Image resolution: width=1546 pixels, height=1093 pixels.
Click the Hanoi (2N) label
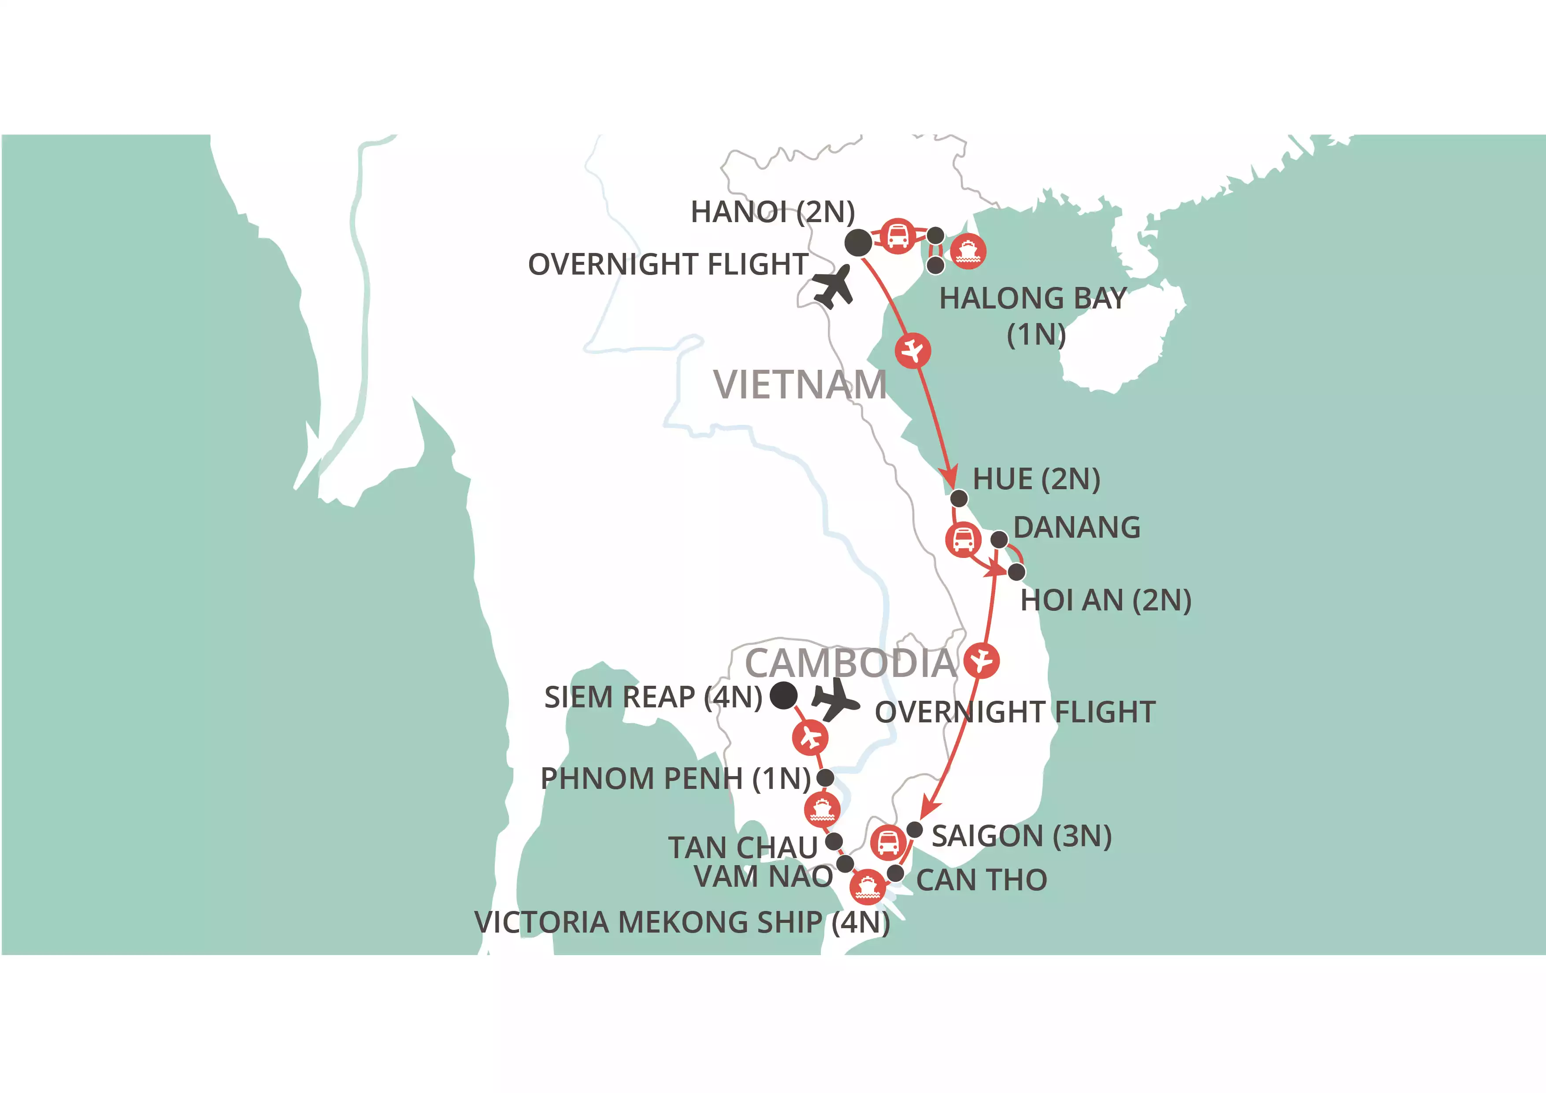(x=772, y=212)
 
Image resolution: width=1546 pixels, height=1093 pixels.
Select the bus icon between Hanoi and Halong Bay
(x=897, y=236)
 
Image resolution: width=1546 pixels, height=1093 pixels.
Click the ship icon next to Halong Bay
(x=968, y=251)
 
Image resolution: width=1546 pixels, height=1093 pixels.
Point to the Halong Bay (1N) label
(x=1034, y=315)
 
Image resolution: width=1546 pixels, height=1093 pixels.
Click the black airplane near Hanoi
(x=833, y=287)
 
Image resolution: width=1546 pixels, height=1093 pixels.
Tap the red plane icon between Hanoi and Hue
(x=913, y=351)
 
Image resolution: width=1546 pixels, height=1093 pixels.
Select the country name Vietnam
(x=800, y=385)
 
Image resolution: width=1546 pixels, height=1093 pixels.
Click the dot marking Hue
(x=959, y=498)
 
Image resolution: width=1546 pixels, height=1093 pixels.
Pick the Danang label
(x=1077, y=527)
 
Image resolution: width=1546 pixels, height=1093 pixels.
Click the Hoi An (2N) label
(x=1105, y=600)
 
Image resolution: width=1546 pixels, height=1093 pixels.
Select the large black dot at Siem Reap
(x=784, y=695)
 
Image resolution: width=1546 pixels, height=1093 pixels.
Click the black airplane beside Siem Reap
(x=835, y=700)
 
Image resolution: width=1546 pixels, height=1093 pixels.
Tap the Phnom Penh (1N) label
(x=675, y=778)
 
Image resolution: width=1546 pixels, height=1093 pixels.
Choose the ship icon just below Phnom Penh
(x=822, y=810)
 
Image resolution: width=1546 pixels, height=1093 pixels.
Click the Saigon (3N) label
(x=1021, y=836)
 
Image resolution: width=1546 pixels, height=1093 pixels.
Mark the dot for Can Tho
(x=896, y=874)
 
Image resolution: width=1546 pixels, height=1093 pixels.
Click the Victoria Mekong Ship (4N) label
(x=682, y=922)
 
